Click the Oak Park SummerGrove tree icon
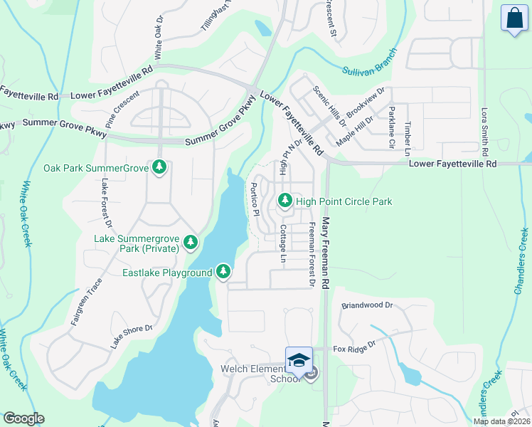coord(160,167)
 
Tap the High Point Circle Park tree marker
coord(285,201)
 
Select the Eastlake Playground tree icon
coord(223,272)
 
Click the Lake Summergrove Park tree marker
coord(190,243)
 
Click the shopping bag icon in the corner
coord(514,19)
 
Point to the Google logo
coord(23,418)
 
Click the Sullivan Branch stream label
coord(368,64)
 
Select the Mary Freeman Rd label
coord(326,253)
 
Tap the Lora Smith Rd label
coord(484,132)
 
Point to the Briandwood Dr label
coord(367,305)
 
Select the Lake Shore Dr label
coord(132,337)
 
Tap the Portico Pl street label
coord(253,195)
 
